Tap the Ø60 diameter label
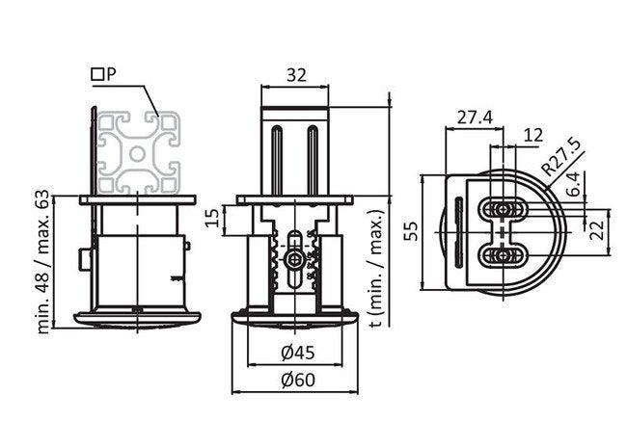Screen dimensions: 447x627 pyautogui.click(x=297, y=380)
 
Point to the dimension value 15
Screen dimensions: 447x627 pyautogui.click(x=215, y=221)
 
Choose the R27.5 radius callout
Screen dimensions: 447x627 pyautogui.click(x=561, y=157)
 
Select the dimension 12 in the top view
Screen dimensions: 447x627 pyautogui.click(x=532, y=136)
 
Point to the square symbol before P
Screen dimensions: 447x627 pyautogui.click(x=96, y=73)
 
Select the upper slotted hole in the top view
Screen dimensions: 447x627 pyautogui.click(x=504, y=209)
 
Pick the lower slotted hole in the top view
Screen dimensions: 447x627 pyautogui.click(x=504, y=254)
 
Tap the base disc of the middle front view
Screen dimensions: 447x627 pyautogui.click(x=297, y=318)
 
